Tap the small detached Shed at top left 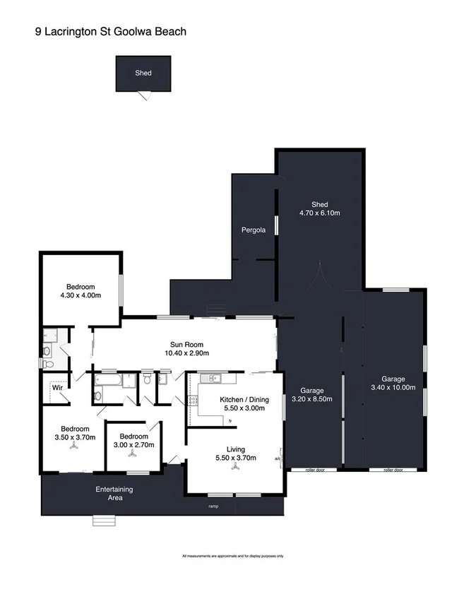point(143,73)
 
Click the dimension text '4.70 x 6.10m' point(320,213)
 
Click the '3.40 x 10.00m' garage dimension point(393,387)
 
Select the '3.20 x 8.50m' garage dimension point(312,400)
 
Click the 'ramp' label point(213,507)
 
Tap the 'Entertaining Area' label point(114,493)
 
